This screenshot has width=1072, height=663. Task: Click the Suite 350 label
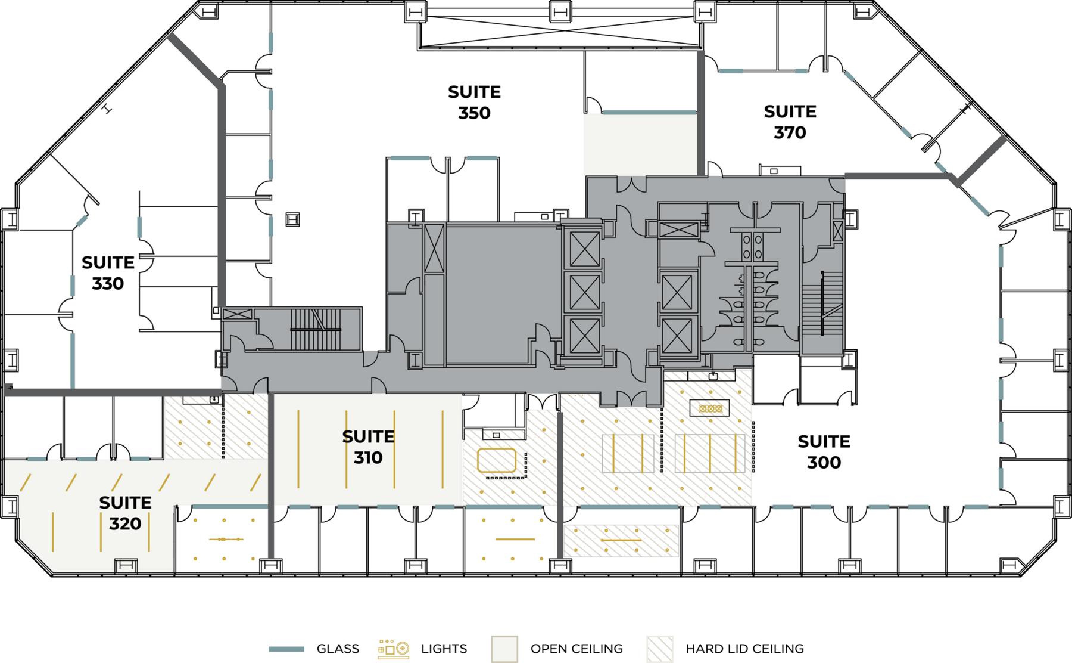pos(474,103)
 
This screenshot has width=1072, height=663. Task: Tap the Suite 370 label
pos(790,122)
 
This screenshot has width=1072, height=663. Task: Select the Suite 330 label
pos(108,273)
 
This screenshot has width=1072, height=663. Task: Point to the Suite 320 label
pos(125,513)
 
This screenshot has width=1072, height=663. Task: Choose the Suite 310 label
pos(368,447)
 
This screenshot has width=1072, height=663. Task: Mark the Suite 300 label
pos(824,452)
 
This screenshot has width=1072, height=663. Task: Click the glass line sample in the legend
pos(286,649)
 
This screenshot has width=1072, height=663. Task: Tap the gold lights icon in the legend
pos(393,649)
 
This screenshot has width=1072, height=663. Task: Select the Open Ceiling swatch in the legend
pos(504,649)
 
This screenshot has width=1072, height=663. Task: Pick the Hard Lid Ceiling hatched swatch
pos(660,649)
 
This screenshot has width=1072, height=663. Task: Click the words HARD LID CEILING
pos(744,649)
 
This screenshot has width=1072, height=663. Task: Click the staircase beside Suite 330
pos(316,329)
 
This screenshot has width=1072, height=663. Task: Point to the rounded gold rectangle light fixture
pos(497,460)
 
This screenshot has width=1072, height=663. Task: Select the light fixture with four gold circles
pos(710,408)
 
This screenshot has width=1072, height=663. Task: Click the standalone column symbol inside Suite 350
pos(292,219)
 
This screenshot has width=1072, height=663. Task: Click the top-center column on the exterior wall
pos(560,11)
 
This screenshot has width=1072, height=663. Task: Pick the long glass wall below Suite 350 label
pos(649,112)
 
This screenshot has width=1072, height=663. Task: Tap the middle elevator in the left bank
pos(585,293)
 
